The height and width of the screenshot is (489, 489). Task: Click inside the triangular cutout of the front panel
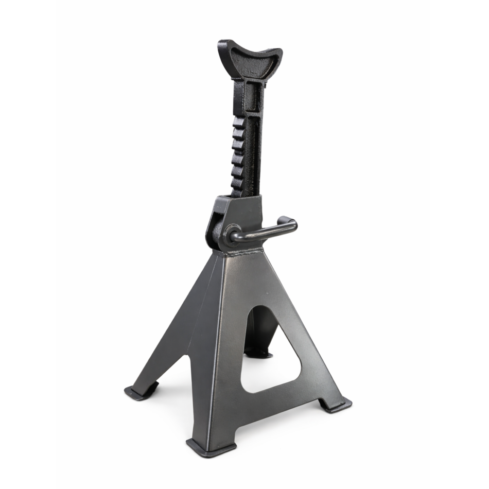(x=270, y=355)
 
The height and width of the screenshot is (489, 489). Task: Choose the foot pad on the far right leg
(x=336, y=405)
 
